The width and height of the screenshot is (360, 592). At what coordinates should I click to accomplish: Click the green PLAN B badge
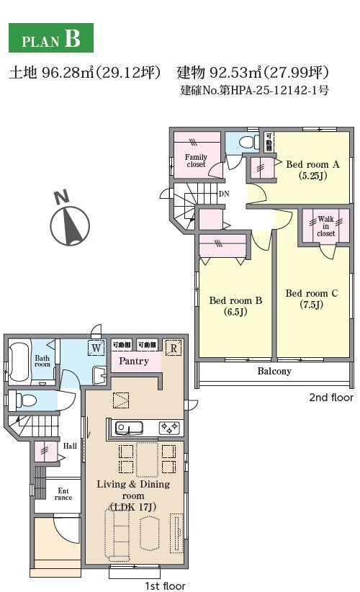[x=51, y=37]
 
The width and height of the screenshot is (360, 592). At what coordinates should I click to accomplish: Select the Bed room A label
[x=312, y=169]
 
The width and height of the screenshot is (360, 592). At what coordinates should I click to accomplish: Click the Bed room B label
[x=235, y=306]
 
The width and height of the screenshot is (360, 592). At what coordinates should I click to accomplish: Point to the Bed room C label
[x=312, y=299]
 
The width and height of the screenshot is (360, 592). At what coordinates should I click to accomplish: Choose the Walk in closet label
[x=325, y=225]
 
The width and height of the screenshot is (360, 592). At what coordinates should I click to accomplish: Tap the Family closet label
[x=196, y=161]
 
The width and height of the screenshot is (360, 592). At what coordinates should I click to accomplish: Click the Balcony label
[x=274, y=371]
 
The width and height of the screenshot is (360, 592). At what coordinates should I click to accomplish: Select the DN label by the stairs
[x=224, y=194]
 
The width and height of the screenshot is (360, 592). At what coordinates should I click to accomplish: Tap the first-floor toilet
[x=22, y=400]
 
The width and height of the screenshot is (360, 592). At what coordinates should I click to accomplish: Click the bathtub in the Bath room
[x=19, y=362]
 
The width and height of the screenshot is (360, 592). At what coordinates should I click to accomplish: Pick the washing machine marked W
[x=96, y=347]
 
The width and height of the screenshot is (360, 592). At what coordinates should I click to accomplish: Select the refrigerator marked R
[x=174, y=348]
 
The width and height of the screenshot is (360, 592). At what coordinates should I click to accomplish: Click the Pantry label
[x=134, y=362]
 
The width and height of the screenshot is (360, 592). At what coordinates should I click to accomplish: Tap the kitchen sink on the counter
[x=129, y=428]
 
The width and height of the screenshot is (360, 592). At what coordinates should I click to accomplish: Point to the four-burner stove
[x=169, y=428]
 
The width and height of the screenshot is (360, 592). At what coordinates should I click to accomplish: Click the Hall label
[x=70, y=446]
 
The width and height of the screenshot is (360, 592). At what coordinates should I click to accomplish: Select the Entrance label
[x=63, y=494]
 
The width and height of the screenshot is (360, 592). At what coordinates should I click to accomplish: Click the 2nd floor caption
[x=331, y=397]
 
